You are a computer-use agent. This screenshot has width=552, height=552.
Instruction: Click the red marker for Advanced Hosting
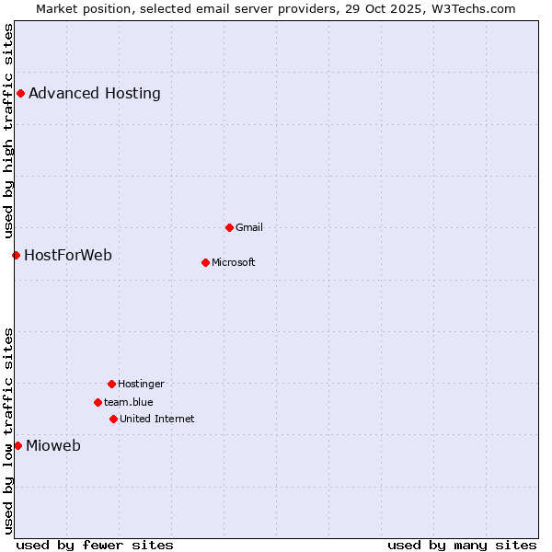pyautogui.click(x=20, y=93)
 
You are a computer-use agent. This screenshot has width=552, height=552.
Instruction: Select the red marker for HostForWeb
pyautogui.click(x=16, y=255)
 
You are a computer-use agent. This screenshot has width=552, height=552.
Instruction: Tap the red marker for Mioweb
pyautogui.click(x=17, y=445)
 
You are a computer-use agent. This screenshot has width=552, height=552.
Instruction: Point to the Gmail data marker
pyautogui.click(x=229, y=227)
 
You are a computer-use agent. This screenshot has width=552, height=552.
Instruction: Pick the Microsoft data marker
pyautogui.click(x=205, y=262)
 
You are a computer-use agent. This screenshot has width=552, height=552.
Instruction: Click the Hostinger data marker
pyautogui.click(x=111, y=384)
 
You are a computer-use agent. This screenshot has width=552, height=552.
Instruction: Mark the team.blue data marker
pyautogui.click(x=98, y=402)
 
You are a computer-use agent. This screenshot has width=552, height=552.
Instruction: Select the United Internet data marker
pyautogui.click(x=113, y=419)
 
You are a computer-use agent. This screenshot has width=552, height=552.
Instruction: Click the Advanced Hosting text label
pyautogui.click(x=95, y=93)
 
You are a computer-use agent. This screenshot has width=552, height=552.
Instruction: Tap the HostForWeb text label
pyautogui.click(x=68, y=255)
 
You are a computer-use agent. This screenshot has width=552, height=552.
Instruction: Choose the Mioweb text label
pyautogui.click(x=53, y=446)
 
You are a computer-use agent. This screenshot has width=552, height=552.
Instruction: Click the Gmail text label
pyautogui.click(x=249, y=227)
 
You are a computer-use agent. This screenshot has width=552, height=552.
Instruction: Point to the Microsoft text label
pyautogui.click(x=234, y=262)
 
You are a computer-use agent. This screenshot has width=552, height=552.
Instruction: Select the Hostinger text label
pyautogui.click(x=141, y=384)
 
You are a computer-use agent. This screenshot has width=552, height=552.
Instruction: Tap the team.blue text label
pyautogui.click(x=129, y=402)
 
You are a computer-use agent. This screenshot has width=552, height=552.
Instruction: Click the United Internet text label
pyautogui.click(x=157, y=419)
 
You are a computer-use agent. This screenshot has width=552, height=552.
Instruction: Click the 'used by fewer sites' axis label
pyautogui.click(x=95, y=545)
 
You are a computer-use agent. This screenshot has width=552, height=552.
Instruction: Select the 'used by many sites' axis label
pyautogui.click(x=462, y=545)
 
